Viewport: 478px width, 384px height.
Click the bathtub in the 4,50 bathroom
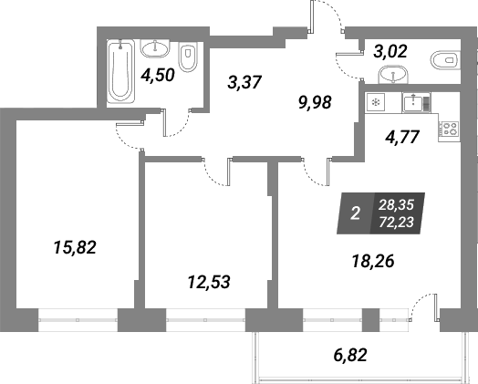pos(120,71)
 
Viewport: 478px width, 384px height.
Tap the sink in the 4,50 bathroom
pos(155,48)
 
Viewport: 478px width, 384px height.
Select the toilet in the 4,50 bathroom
pos(187,57)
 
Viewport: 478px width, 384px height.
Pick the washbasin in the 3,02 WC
pos(393,75)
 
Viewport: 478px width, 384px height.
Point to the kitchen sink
pos(416,103)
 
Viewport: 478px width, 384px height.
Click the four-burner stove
pos(449,129)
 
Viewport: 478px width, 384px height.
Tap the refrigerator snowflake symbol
pos(376,102)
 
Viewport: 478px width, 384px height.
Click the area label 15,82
pos(75,247)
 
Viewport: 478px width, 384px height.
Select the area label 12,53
pos(209,282)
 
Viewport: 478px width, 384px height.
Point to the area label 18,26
pos(373,261)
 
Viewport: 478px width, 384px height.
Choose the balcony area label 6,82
pos(349,355)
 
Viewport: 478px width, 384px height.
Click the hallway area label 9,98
pos(315,103)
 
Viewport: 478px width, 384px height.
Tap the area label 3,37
pos(244,82)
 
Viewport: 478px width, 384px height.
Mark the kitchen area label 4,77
pos(402,137)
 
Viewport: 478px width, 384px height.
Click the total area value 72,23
pos(396,223)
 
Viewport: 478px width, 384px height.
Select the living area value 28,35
pos(396,205)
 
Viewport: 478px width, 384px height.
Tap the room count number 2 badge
pos(356,213)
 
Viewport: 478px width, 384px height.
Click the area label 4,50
pos(158,75)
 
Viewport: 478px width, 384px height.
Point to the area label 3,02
pos(390,51)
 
